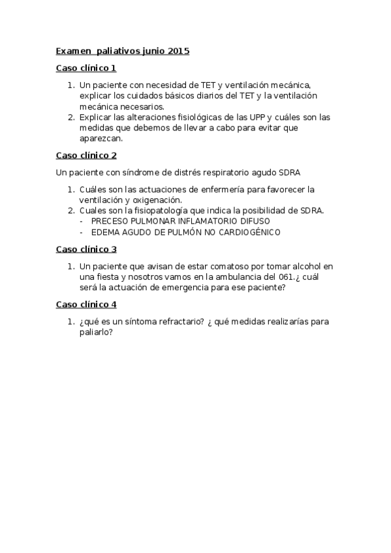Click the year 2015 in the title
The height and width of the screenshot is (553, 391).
click(178, 51)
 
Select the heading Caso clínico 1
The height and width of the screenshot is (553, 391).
click(86, 68)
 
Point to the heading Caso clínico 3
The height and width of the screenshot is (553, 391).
click(86, 249)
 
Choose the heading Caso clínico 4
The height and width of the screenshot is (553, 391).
click(86, 305)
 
